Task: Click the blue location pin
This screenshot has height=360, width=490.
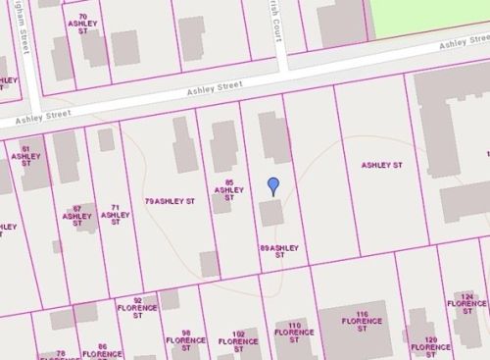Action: pyautogui.click(x=273, y=185)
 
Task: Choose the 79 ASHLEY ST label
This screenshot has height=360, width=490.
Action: pyautogui.click(x=170, y=200)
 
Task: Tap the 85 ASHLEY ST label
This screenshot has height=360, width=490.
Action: pyautogui.click(x=228, y=189)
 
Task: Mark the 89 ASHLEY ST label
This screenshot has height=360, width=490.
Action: pyautogui.click(x=278, y=249)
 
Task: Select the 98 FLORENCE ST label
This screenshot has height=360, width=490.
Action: pyautogui.click(x=184, y=339)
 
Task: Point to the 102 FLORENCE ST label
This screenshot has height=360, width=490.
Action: pyautogui.click(x=238, y=339)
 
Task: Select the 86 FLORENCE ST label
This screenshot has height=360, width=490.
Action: pyautogui.click(x=102, y=351)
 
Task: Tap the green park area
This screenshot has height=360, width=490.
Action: pyautogui.click(x=431, y=15)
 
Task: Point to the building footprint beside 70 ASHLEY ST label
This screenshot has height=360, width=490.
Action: pyautogui.click(x=124, y=47)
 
